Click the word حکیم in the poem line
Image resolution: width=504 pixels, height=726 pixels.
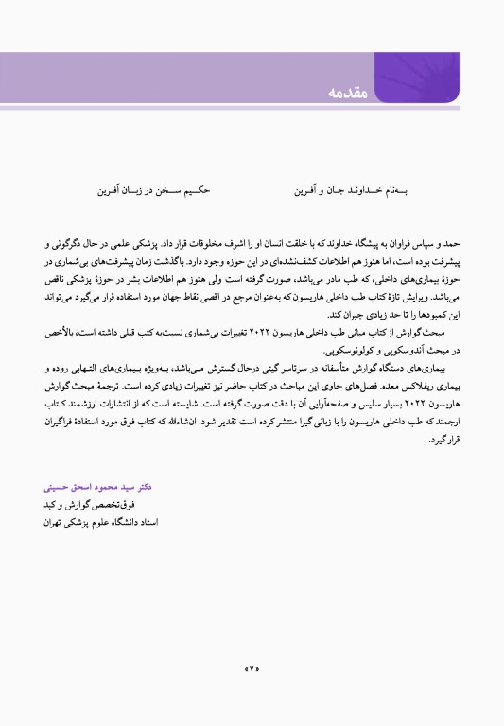[x=195, y=190]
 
